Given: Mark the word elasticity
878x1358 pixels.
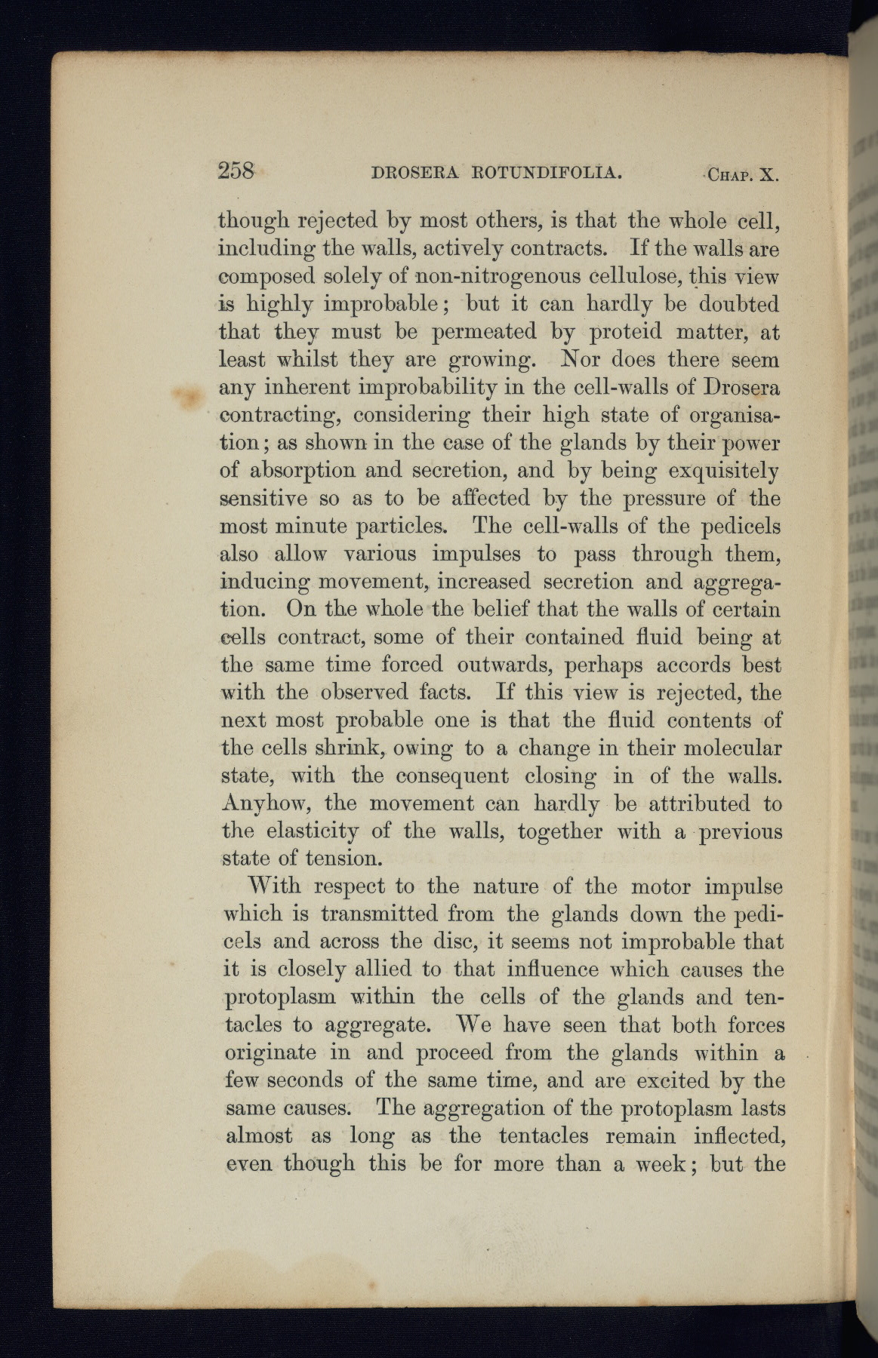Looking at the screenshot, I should tap(303, 831).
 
